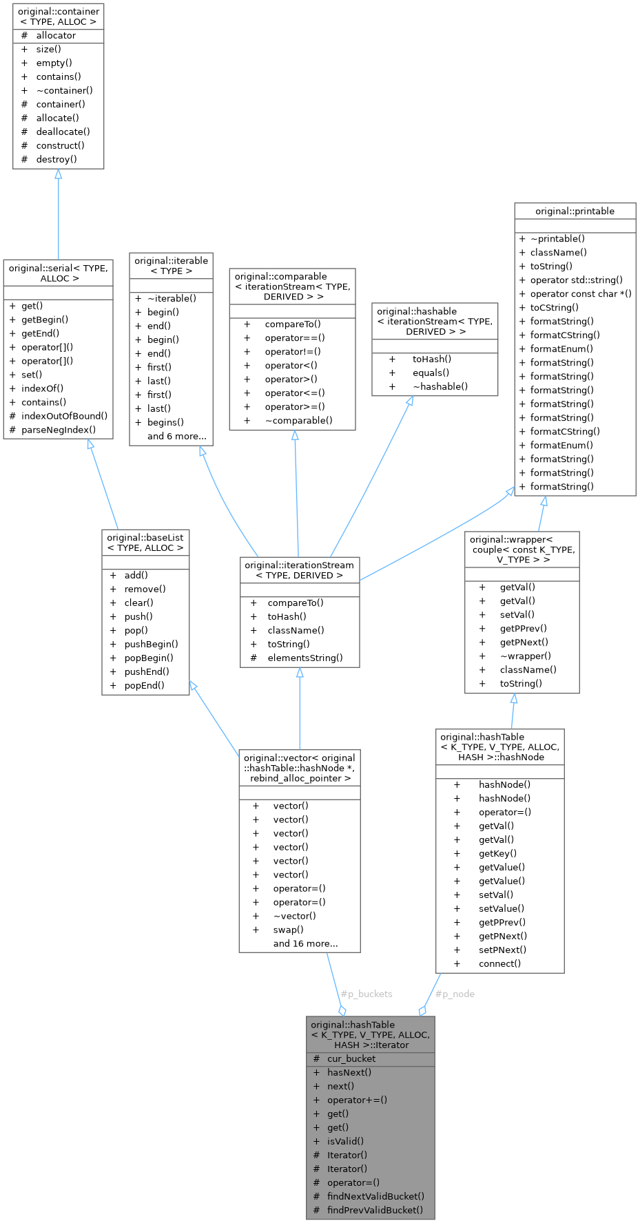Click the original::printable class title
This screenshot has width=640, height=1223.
click(x=575, y=211)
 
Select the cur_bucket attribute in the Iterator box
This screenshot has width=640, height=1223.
click(x=351, y=1058)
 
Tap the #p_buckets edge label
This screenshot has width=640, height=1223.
click(x=367, y=994)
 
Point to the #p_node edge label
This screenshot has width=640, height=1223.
click(x=455, y=994)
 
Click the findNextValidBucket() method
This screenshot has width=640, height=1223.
click(x=375, y=1196)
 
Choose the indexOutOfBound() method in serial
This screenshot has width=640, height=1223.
click(x=64, y=416)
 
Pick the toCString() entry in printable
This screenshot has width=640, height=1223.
click(x=554, y=307)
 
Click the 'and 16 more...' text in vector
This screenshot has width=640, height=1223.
click(x=305, y=943)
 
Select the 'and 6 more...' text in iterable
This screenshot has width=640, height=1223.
click(x=176, y=436)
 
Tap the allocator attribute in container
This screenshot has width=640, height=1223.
click(x=56, y=35)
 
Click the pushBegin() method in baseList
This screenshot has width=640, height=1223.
click(x=151, y=644)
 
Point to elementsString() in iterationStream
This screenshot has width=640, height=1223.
click(x=305, y=658)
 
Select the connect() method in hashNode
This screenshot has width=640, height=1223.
click(x=499, y=963)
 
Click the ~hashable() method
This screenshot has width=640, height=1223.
click(x=440, y=386)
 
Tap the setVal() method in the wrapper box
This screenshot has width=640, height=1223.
click(x=517, y=614)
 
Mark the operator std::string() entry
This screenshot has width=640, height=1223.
click(x=576, y=280)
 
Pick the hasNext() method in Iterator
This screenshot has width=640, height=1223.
click(x=349, y=1072)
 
